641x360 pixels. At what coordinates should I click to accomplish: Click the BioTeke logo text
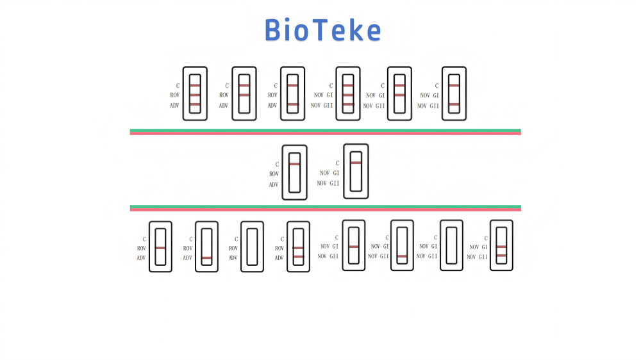323,30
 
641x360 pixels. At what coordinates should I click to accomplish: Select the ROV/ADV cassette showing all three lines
195,94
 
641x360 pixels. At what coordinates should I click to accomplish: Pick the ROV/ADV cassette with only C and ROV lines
244,94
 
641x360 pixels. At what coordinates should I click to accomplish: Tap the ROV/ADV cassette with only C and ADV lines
292,94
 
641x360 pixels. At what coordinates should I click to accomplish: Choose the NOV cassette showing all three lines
348,94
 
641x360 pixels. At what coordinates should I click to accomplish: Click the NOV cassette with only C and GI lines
399,94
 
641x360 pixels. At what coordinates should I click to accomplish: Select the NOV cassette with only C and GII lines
454,94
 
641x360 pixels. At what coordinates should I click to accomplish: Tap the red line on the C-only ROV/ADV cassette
294,164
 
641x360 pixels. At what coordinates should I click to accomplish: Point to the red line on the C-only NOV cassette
356,162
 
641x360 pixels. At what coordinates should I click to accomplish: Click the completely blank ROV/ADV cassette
252,247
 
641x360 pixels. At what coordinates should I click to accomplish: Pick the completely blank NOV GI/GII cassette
451,245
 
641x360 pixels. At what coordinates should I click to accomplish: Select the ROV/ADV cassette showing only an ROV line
160,247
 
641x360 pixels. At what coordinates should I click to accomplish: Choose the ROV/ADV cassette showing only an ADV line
206,247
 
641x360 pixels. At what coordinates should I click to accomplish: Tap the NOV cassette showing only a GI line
353,245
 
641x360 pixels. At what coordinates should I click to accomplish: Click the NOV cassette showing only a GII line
402,245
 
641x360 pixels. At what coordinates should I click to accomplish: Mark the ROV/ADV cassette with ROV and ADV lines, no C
298,247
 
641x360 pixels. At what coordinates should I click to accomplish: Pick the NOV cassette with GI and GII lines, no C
501,245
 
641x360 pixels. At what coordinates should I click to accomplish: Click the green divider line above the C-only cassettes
325,130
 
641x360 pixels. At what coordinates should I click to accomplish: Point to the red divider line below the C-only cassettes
325,209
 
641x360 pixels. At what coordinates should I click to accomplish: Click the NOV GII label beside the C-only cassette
328,183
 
